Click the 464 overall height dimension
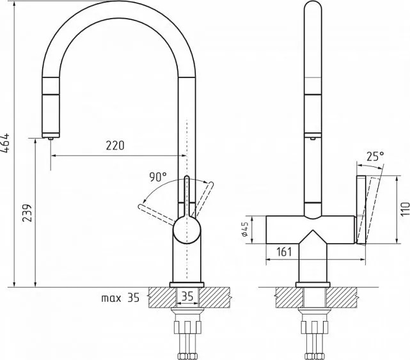(x=5, y=143)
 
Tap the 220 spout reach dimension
(x=115, y=145)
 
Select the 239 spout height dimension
(x=27, y=213)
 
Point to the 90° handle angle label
(x=158, y=177)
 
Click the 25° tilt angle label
(x=375, y=156)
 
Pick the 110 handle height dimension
(x=405, y=209)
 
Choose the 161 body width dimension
(x=284, y=252)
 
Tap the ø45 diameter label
(x=245, y=230)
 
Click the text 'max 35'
(x=120, y=298)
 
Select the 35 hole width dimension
(x=187, y=296)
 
